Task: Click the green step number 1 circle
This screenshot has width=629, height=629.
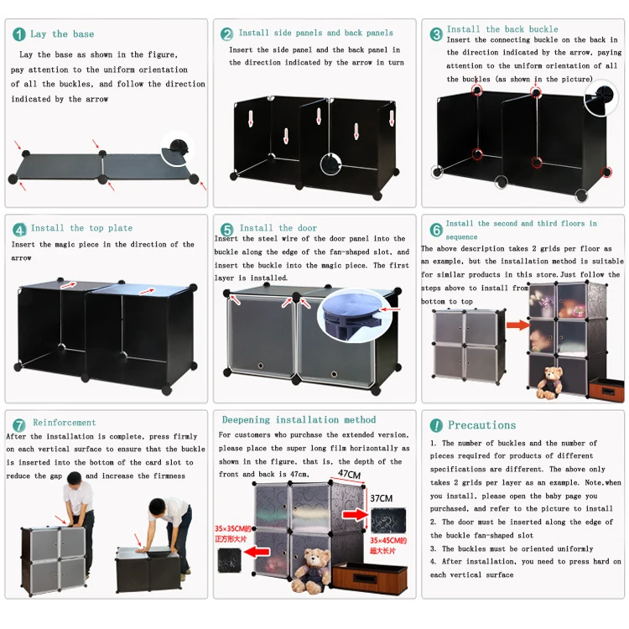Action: [18, 34]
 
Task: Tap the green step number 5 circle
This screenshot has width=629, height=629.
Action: [226, 230]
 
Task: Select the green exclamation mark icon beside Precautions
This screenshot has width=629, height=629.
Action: [436, 425]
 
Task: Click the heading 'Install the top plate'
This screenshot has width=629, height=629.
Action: [82, 228]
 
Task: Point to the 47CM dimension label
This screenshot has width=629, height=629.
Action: [349, 475]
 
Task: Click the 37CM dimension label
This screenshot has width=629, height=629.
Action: [381, 498]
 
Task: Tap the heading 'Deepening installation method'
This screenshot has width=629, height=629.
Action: [299, 420]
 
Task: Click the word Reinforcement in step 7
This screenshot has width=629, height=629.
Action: [65, 423]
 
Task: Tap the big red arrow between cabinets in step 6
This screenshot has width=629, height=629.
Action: [518, 325]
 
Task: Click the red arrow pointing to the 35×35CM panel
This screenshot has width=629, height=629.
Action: [257, 553]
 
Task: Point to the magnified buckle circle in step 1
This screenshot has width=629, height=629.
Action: [177, 148]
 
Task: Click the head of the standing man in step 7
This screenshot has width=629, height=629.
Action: [74, 479]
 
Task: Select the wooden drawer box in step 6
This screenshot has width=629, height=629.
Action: [606, 387]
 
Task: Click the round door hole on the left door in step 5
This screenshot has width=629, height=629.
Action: [260, 366]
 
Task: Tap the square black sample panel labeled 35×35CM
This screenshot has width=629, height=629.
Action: [229, 560]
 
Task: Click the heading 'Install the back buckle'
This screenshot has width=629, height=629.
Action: [502, 29]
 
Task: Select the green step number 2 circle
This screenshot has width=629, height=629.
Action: [226, 34]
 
